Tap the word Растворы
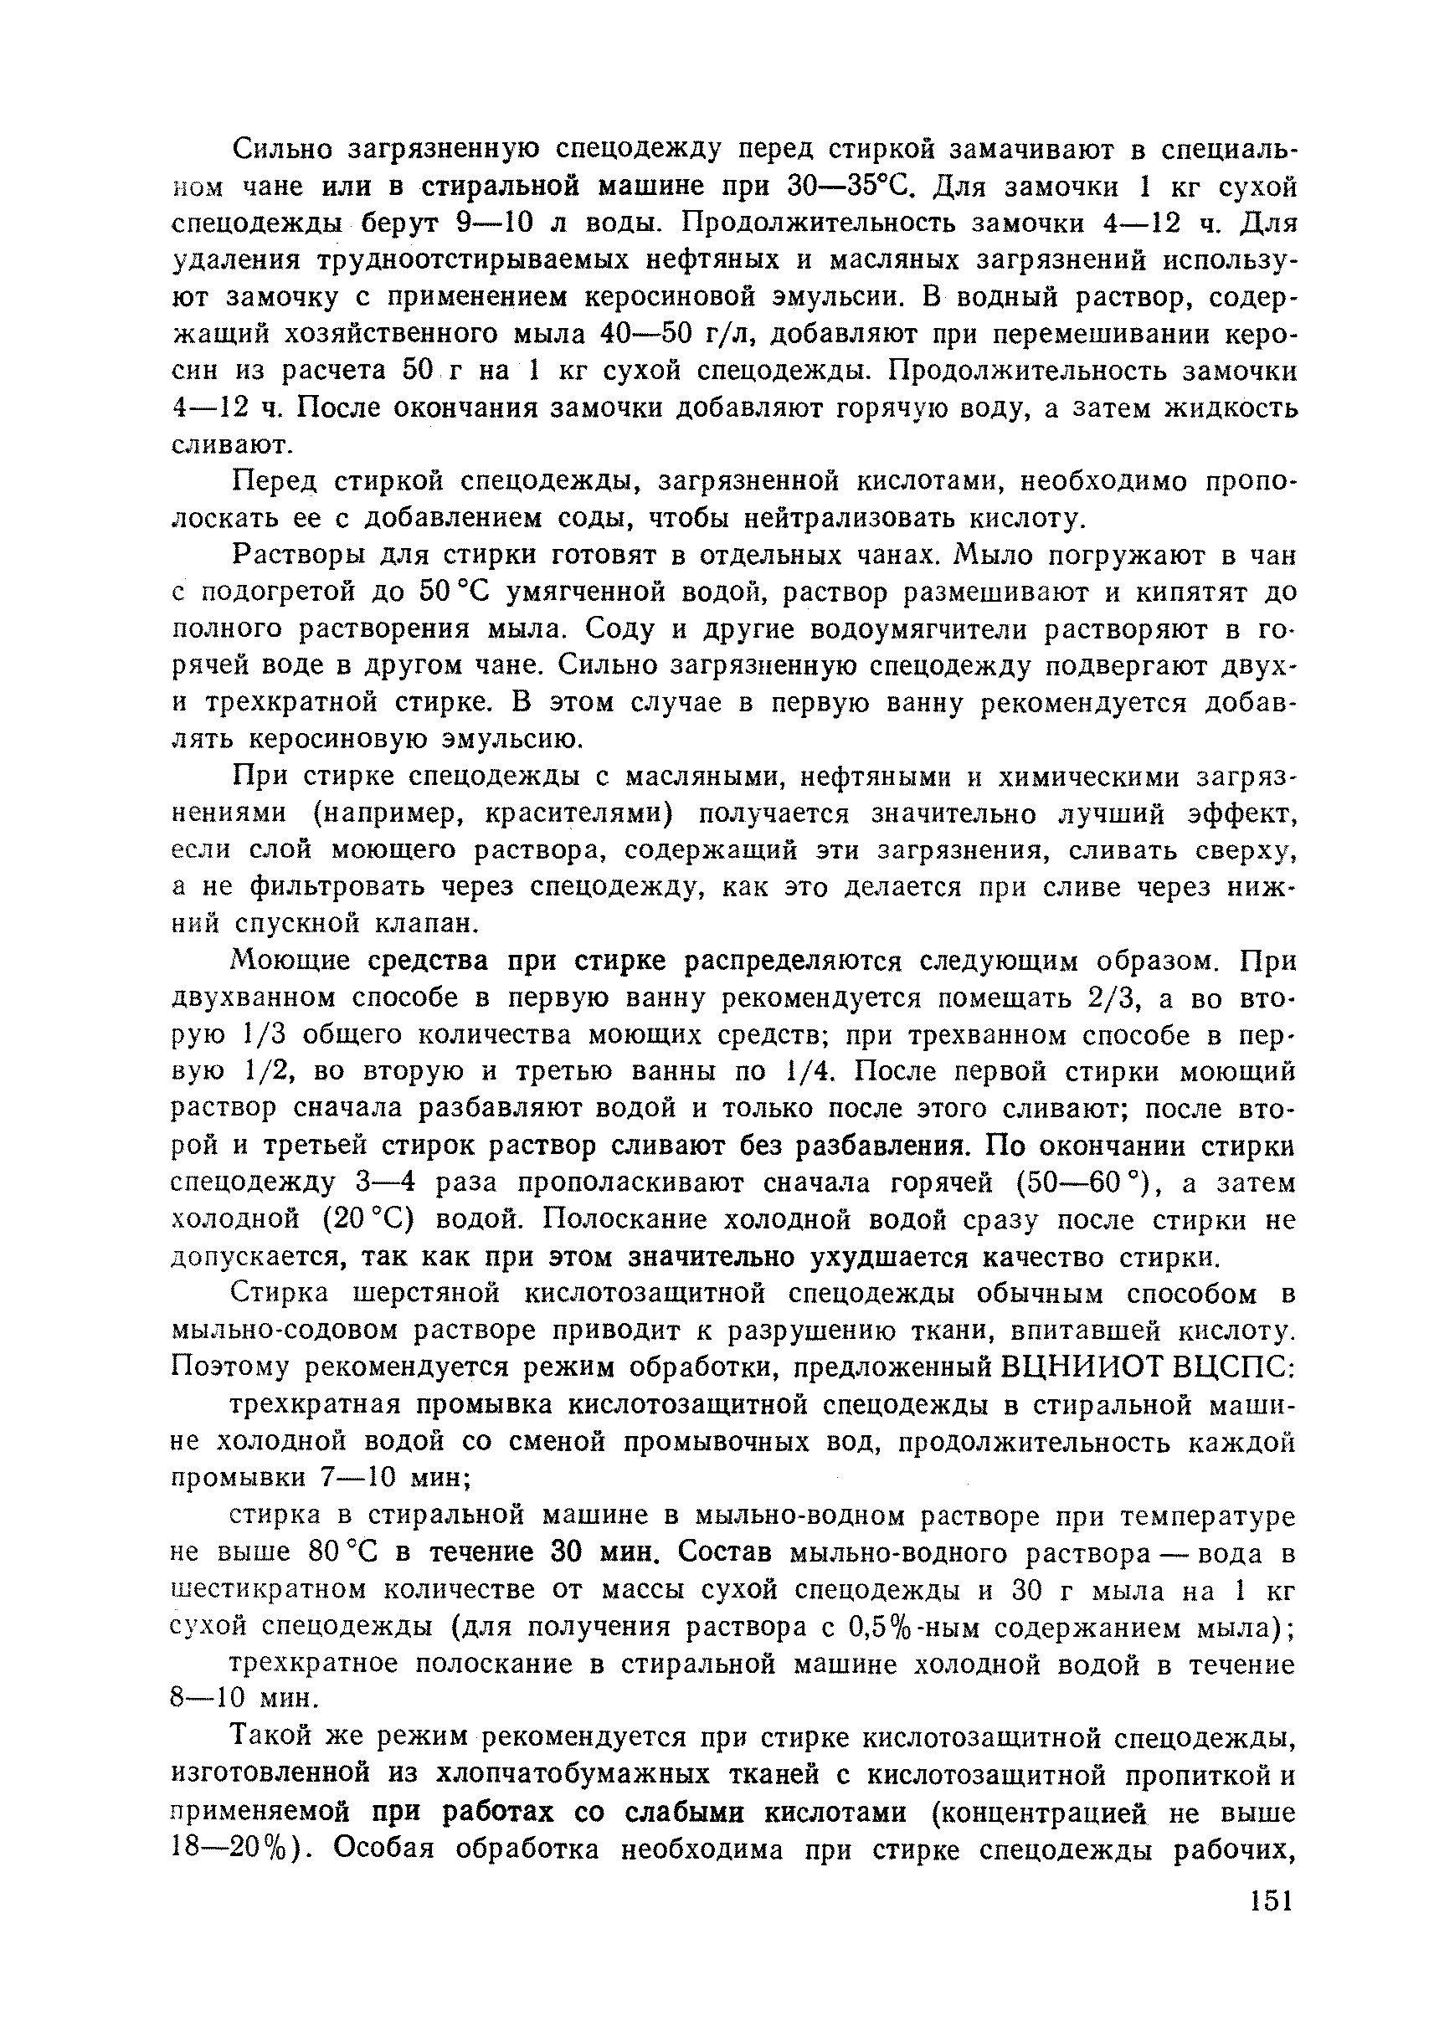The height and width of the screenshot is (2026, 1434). pyautogui.click(x=293, y=557)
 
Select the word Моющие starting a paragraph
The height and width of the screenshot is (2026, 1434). pyautogui.click(x=290, y=961)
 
